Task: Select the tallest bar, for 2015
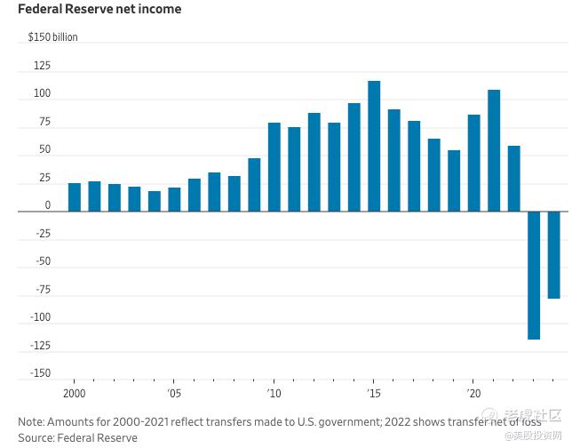(374, 146)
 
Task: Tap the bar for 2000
(75, 197)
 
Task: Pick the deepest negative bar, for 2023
(534, 275)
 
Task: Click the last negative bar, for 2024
(553, 255)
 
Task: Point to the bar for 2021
(494, 150)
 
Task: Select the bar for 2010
(274, 167)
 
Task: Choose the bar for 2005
(174, 199)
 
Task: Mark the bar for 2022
(513, 179)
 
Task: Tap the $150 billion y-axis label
(52, 37)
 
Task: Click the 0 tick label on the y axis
(48, 205)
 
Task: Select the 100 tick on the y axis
(42, 94)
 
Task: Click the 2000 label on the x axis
(75, 392)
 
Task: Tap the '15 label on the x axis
(374, 392)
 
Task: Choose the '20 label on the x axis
(473, 392)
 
